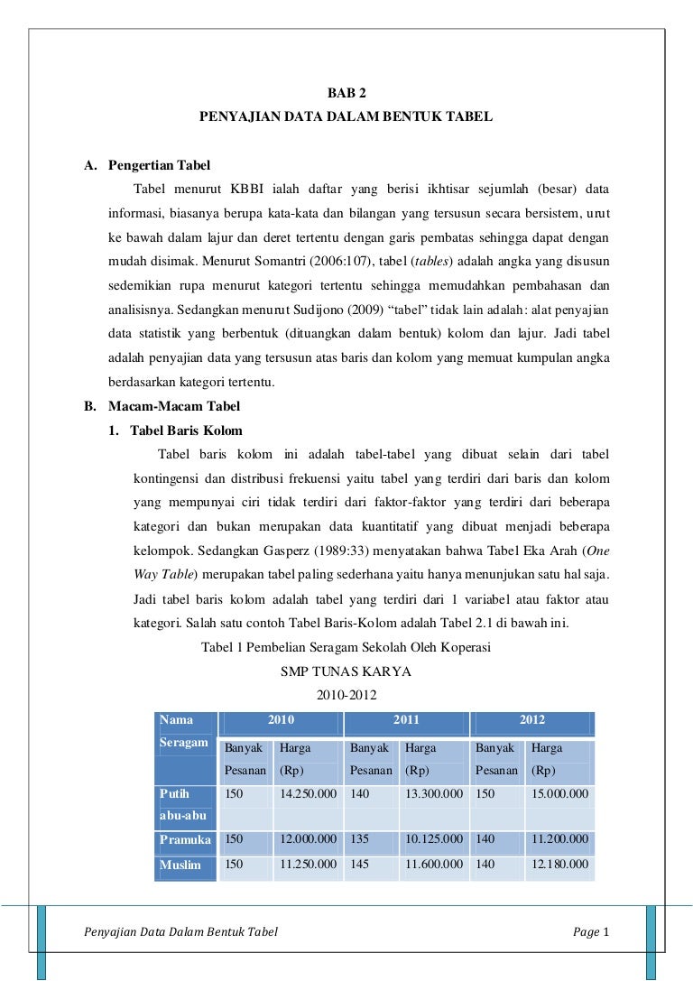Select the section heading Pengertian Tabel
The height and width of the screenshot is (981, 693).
tap(159, 166)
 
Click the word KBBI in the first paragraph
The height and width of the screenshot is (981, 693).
tap(247, 190)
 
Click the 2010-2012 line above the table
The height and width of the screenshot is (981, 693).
tap(346, 695)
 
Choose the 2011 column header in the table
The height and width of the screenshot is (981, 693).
tap(406, 721)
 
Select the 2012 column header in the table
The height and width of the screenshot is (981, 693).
tap(531, 721)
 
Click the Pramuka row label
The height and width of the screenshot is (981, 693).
tap(185, 839)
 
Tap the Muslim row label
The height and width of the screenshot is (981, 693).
tap(180, 865)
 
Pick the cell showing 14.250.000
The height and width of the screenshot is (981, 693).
tap(308, 794)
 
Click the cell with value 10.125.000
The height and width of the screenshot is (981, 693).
tap(434, 839)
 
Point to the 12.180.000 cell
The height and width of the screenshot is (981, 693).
tap(559, 865)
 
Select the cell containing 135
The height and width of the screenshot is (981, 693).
tap(360, 839)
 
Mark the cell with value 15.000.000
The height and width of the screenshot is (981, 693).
tap(559, 794)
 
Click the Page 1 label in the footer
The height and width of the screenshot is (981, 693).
tap(592, 931)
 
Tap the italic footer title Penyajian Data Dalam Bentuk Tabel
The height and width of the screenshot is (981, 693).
tap(180, 931)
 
